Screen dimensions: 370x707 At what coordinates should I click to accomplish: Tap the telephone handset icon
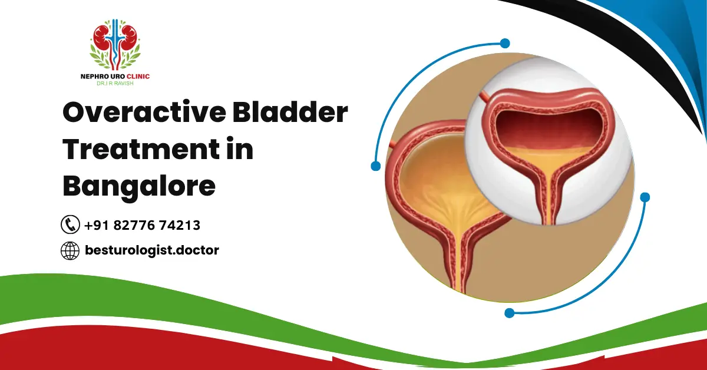pos(70,224)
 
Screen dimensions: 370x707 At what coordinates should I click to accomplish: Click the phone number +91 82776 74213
pos(142,225)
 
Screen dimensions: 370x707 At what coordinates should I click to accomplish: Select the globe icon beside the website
pos(70,250)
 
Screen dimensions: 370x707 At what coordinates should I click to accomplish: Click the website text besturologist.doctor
pos(151,250)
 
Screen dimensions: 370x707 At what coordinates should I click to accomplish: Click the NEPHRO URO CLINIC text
pos(115,76)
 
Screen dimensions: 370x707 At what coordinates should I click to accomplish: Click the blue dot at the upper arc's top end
pos(504,43)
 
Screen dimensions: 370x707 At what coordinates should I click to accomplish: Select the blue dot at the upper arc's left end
pos(375,166)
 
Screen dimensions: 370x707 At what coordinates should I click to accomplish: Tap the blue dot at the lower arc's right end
pos(645,197)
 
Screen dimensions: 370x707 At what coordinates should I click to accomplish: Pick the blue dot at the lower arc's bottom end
pos(510,313)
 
